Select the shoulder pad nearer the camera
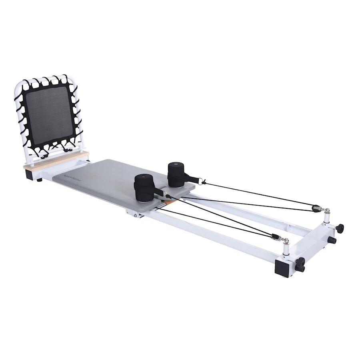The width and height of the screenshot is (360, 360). coord(144,188)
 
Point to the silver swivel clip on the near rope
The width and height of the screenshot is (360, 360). coord(284,240)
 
